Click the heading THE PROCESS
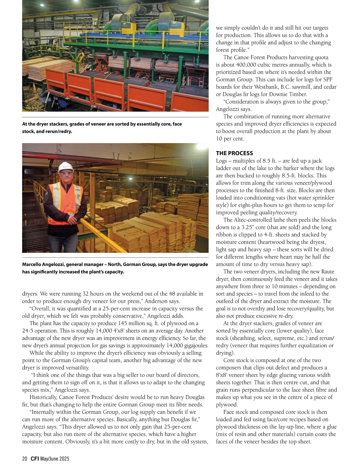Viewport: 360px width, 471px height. click(234, 153)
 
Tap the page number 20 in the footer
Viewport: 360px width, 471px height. click(25, 459)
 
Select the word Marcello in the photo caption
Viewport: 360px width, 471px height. click(33, 264)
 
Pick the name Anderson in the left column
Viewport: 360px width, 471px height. click(155, 301)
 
